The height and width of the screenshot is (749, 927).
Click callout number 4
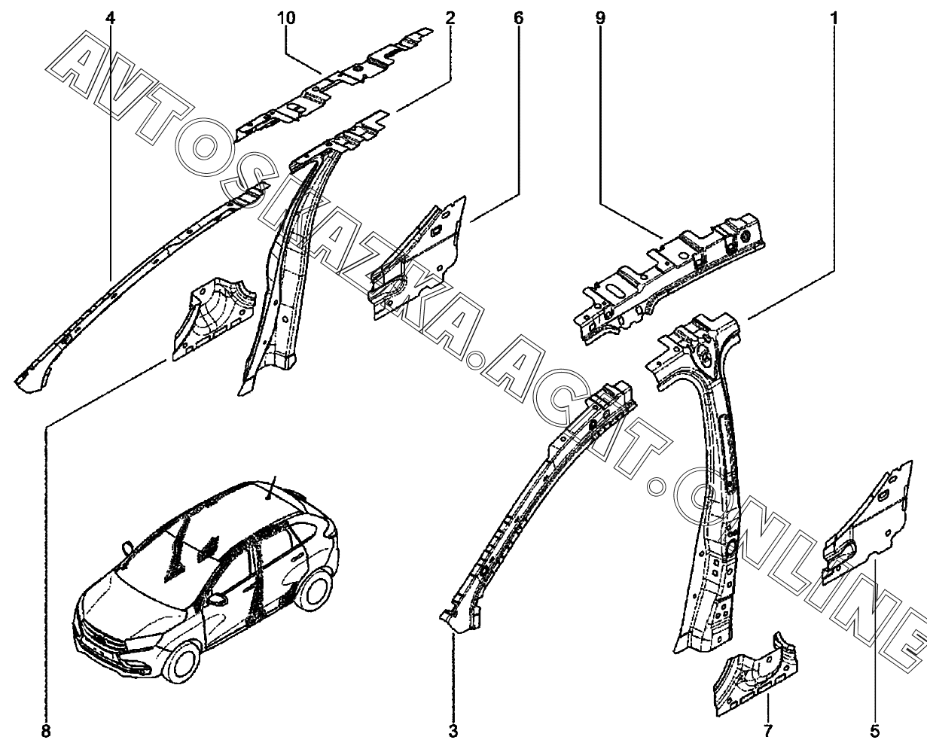point(111,18)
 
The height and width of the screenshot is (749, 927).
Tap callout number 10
point(289,18)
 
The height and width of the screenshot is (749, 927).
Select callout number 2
point(450,18)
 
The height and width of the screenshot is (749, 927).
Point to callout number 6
point(518,18)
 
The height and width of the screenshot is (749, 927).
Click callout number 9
point(600,18)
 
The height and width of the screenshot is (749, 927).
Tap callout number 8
point(46,730)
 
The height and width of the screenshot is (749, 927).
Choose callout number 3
point(453,730)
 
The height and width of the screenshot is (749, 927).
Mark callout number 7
point(768,730)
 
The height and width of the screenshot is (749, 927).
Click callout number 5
point(875,730)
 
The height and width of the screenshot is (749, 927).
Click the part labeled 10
point(331,90)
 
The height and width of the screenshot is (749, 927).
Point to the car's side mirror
point(219,600)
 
